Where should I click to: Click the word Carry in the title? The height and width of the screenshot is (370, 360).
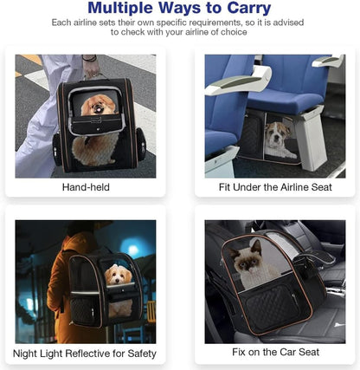pos(249,8)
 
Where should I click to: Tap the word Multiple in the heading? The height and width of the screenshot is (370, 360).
pos(119,8)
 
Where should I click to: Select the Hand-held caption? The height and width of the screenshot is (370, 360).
pos(86,187)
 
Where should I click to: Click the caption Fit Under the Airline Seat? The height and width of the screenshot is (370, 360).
pos(275,187)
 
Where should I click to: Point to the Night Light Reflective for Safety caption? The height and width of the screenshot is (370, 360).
pos(85,354)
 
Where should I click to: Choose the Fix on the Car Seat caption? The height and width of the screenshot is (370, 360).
pos(275,352)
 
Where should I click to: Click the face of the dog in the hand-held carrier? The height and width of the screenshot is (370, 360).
pos(97,107)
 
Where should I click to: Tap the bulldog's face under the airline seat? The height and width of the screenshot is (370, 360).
pos(275,133)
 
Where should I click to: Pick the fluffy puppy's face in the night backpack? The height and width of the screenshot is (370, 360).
pos(118,276)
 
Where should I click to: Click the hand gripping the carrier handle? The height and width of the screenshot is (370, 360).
pos(92,69)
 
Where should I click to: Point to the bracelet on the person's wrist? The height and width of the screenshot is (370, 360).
pos(89,58)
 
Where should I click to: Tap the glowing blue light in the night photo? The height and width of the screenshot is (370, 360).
pos(132,250)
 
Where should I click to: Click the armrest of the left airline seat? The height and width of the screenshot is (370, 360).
pos(238,81)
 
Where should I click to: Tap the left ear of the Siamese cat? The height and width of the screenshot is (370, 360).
pos(235,254)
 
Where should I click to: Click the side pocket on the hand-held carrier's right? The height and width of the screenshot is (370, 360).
pos(141,145)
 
